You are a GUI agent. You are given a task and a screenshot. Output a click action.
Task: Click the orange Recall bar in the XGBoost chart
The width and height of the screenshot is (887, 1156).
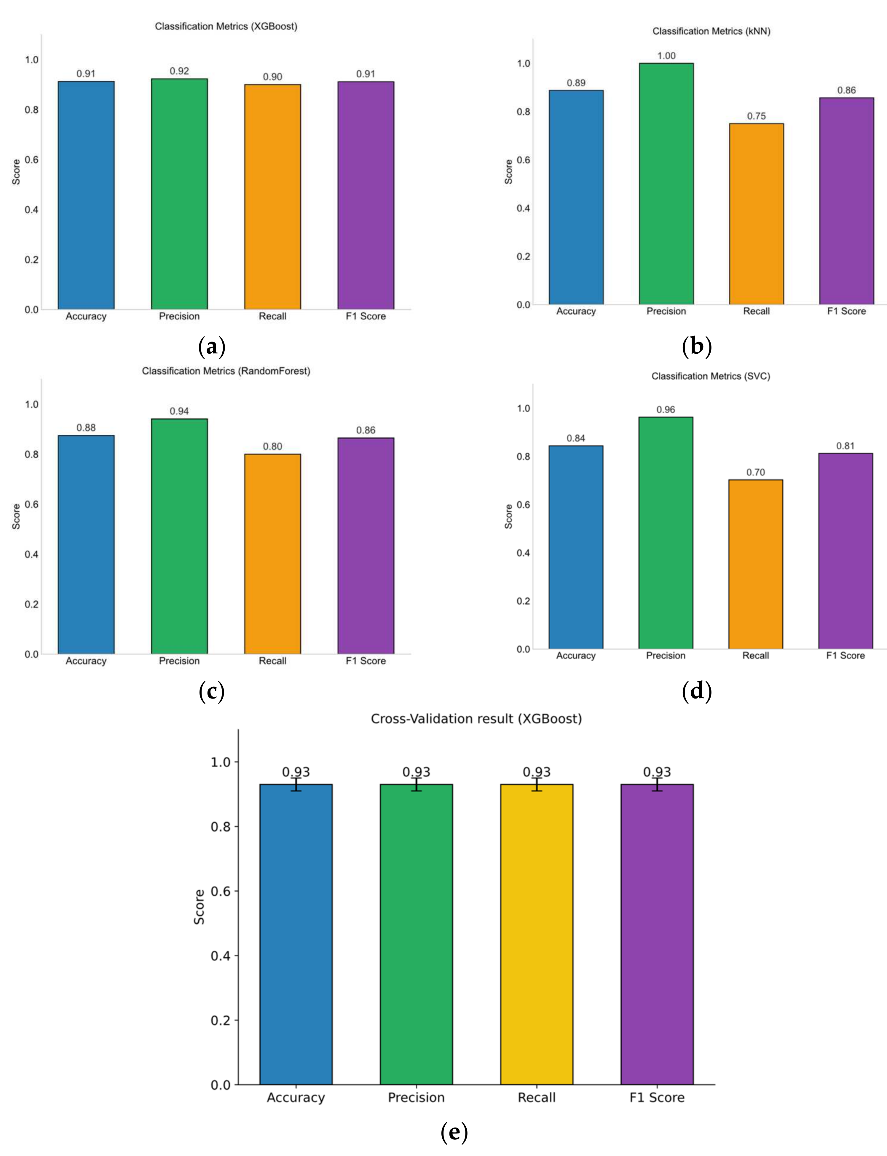272,197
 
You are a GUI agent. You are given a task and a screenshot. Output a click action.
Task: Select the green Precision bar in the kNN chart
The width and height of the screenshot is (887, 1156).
666,184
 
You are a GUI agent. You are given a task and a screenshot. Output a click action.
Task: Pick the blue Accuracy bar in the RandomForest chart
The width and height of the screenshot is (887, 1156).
86,544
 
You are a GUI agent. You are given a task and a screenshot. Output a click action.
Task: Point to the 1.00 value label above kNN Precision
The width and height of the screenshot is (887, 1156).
666,55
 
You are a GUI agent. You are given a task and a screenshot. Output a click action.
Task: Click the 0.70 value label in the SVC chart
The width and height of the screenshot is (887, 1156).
756,472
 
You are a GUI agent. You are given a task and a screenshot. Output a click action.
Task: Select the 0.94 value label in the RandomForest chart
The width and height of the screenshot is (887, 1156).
179,411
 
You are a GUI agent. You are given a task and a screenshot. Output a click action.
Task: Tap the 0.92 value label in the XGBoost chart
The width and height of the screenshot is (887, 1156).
179,71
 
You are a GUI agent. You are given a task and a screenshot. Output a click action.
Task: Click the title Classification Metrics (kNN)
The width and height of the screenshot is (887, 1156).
711,31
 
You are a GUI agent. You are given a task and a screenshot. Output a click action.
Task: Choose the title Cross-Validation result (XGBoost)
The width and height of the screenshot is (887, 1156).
476,719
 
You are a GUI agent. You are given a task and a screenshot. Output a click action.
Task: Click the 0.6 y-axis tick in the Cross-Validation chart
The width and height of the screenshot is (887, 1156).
221,892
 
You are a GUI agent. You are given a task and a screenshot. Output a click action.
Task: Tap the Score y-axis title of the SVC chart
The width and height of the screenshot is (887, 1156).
508,516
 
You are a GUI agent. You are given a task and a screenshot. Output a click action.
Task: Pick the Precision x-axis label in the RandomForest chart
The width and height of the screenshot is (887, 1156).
179,661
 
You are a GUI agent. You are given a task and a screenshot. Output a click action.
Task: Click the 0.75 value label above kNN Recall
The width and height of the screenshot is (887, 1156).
756,116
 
